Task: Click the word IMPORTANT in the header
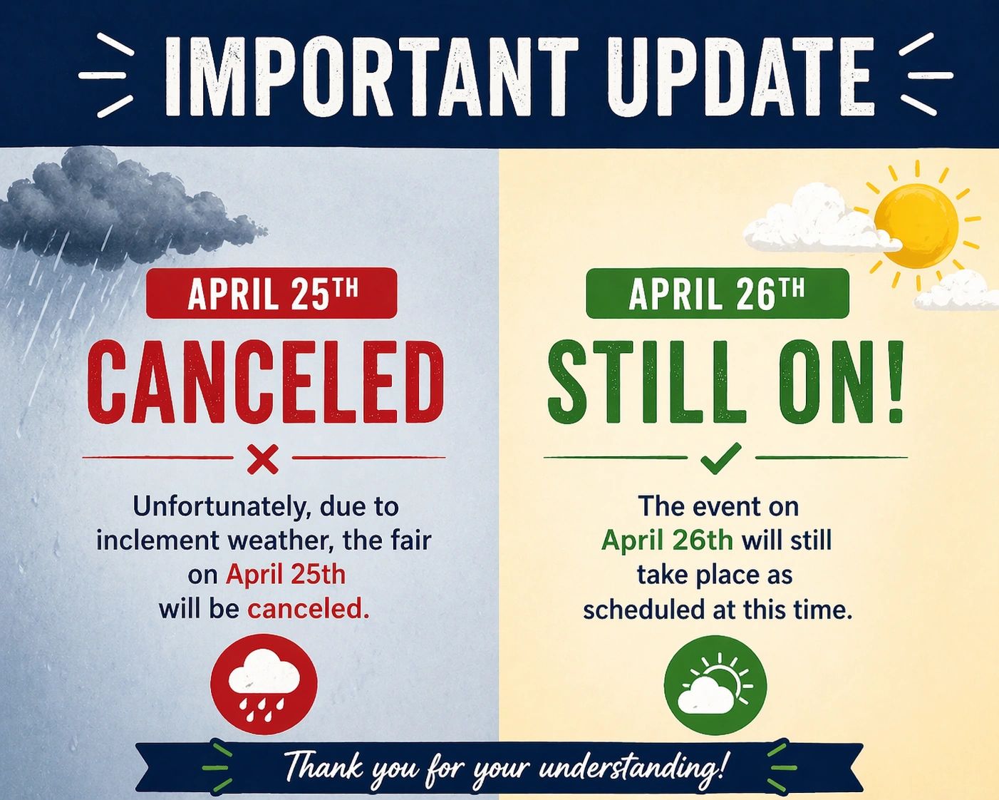[x=372, y=76]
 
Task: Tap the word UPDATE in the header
[x=741, y=76]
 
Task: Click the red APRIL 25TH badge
[x=271, y=293]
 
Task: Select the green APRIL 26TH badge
[x=718, y=293]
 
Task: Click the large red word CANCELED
[x=266, y=382]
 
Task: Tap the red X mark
[x=263, y=459]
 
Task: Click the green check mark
[x=721, y=458]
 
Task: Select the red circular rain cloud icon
[x=264, y=684]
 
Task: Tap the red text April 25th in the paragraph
[x=286, y=575]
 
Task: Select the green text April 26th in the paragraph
[x=667, y=540]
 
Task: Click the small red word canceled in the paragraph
[x=309, y=609]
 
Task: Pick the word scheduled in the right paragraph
[x=644, y=610]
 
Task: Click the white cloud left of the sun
[x=817, y=218]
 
